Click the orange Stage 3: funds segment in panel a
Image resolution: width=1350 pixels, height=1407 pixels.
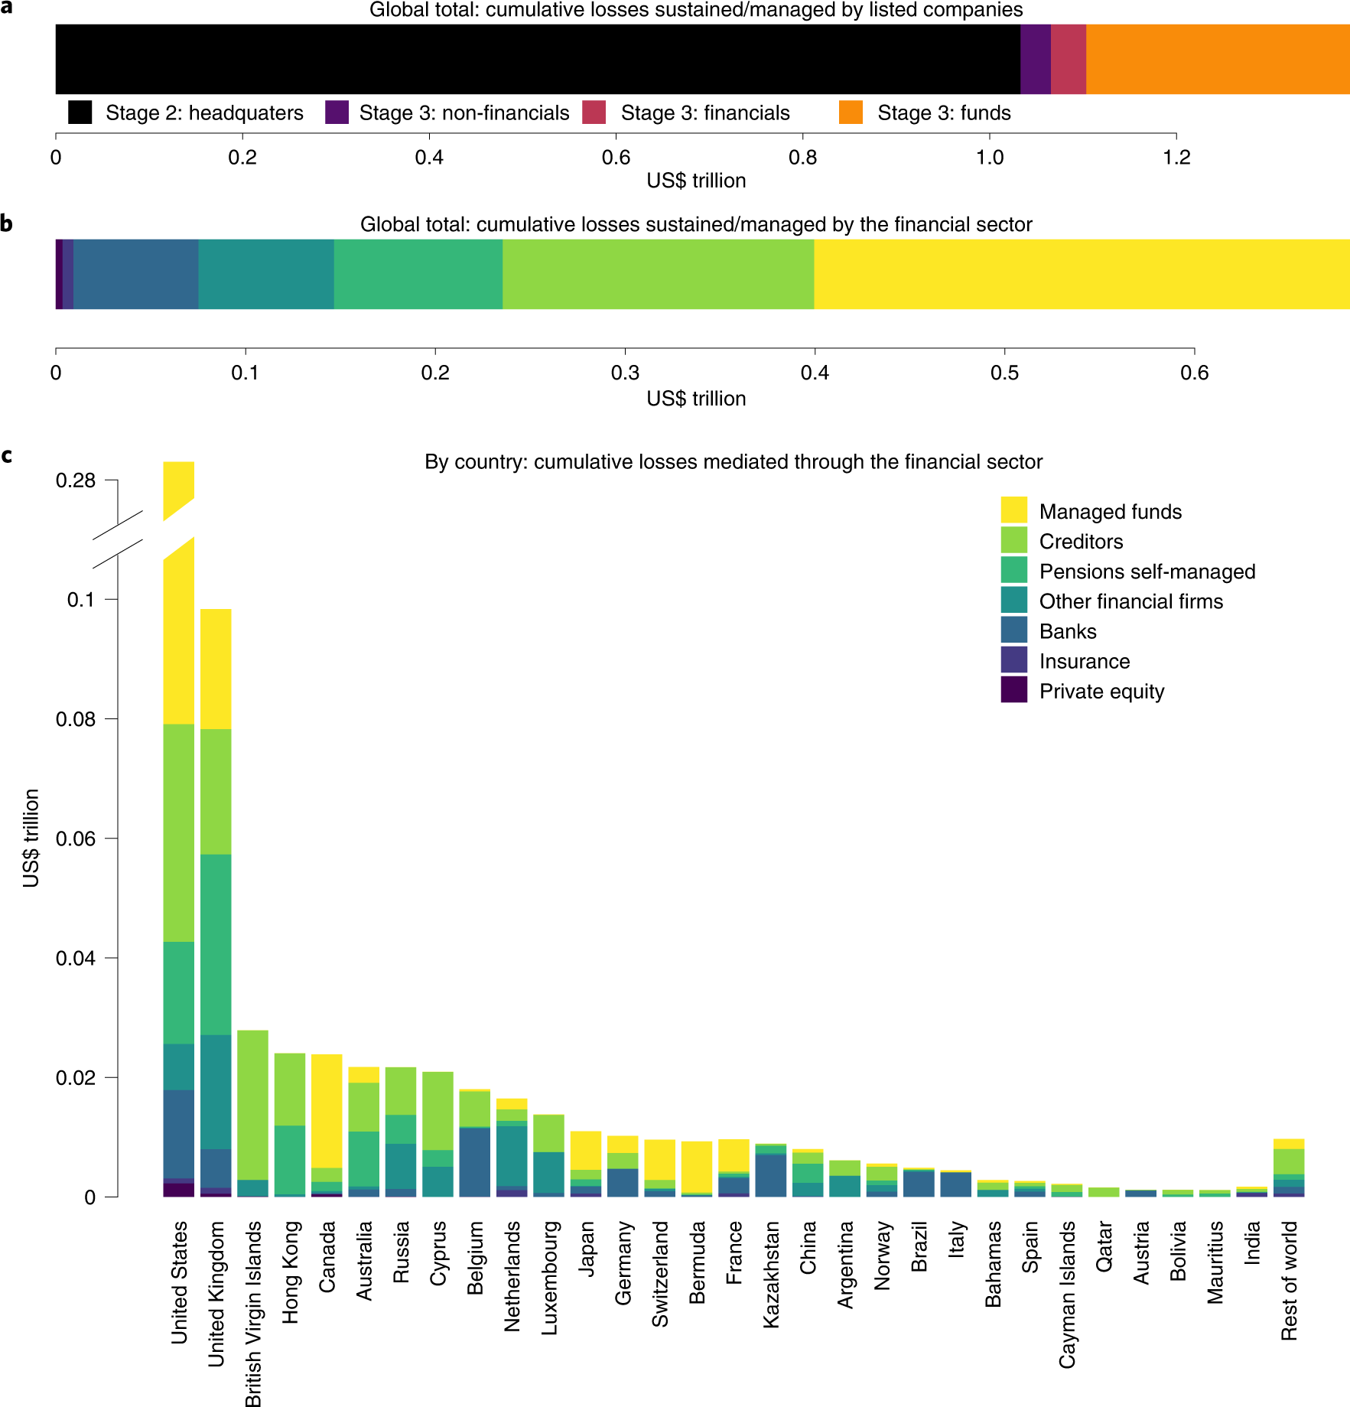tap(1218, 59)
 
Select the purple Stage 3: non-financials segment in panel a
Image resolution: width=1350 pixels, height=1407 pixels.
tap(1035, 59)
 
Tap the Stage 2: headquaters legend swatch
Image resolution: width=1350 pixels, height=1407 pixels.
tap(80, 112)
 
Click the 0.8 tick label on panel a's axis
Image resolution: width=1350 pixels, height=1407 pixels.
tap(802, 158)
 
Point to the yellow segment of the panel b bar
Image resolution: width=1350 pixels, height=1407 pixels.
tap(1082, 274)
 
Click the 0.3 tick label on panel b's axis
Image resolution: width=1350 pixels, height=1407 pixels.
tap(625, 373)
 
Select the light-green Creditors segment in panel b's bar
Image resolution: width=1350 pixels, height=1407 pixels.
tap(658, 274)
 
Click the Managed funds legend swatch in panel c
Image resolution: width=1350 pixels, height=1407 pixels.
tap(1013, 510)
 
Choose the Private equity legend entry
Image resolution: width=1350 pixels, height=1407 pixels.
tap(1101, 691)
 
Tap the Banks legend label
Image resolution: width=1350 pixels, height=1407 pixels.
tap(1068, 631)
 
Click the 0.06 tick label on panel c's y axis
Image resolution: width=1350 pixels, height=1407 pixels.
tap(75, 839)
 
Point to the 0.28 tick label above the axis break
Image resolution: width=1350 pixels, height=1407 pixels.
tap(75, 480)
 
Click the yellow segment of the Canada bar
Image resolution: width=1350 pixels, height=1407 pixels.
tap(327, 1110)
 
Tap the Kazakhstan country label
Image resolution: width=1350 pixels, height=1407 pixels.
tap(771, 1274)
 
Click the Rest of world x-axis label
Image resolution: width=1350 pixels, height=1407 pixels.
tap(1289, 1280)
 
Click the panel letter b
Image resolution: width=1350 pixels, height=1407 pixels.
tap(7, 223)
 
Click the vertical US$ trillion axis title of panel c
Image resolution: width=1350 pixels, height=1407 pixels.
tap(31, 838)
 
